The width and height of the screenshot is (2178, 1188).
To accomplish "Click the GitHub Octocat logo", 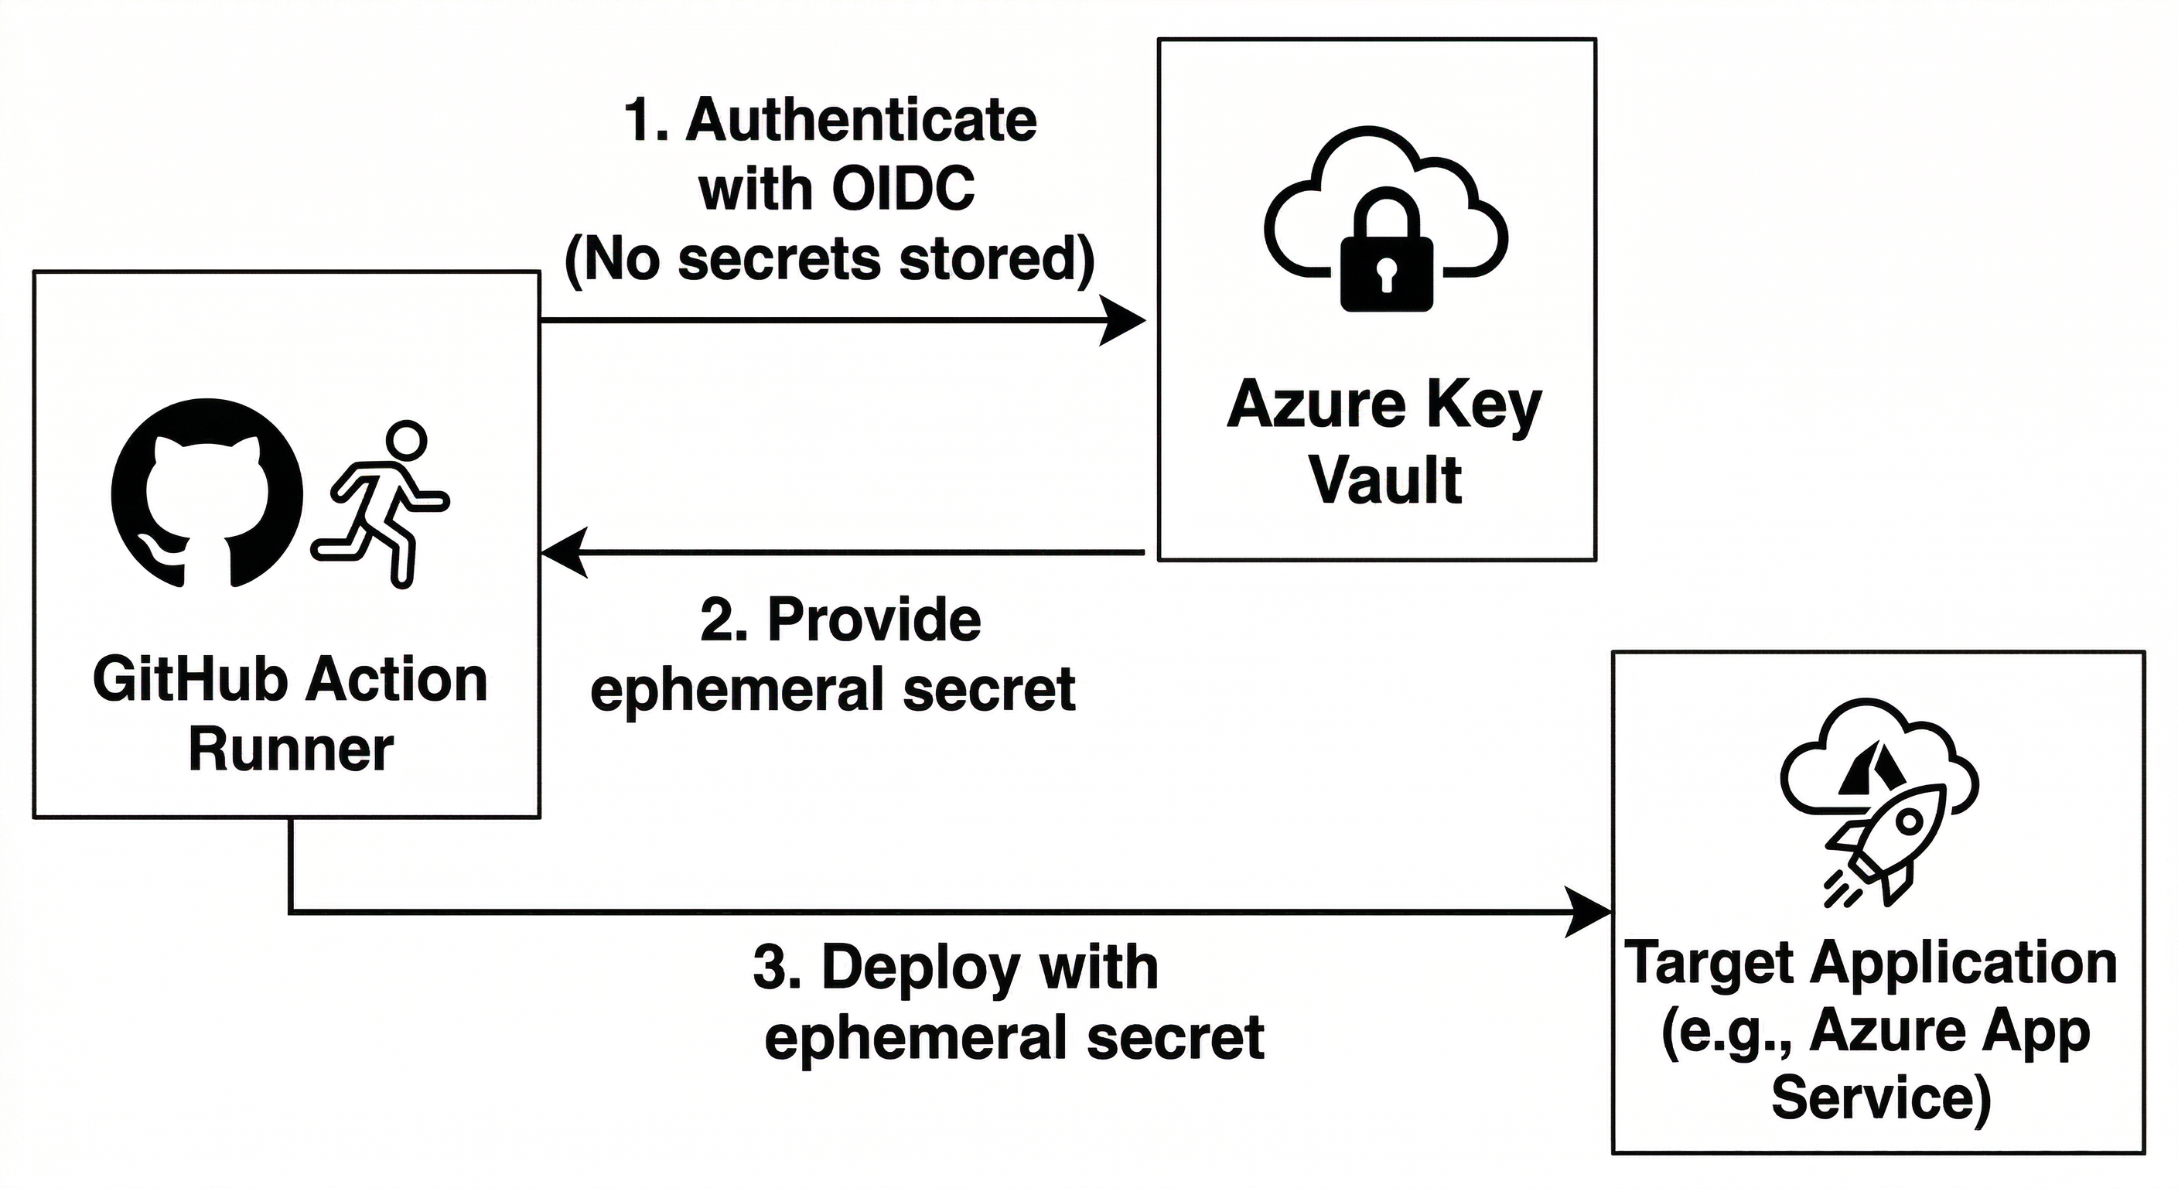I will (207, 493).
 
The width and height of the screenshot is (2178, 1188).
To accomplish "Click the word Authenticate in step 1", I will (861, 120).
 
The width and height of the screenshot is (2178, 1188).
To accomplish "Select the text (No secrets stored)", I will (829, 259).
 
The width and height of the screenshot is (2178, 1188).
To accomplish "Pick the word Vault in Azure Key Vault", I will (1386, 480).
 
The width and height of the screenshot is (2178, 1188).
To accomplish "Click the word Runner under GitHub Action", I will (291, 749).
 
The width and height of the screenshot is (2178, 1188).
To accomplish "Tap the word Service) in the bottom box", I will (1881, 1098).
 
